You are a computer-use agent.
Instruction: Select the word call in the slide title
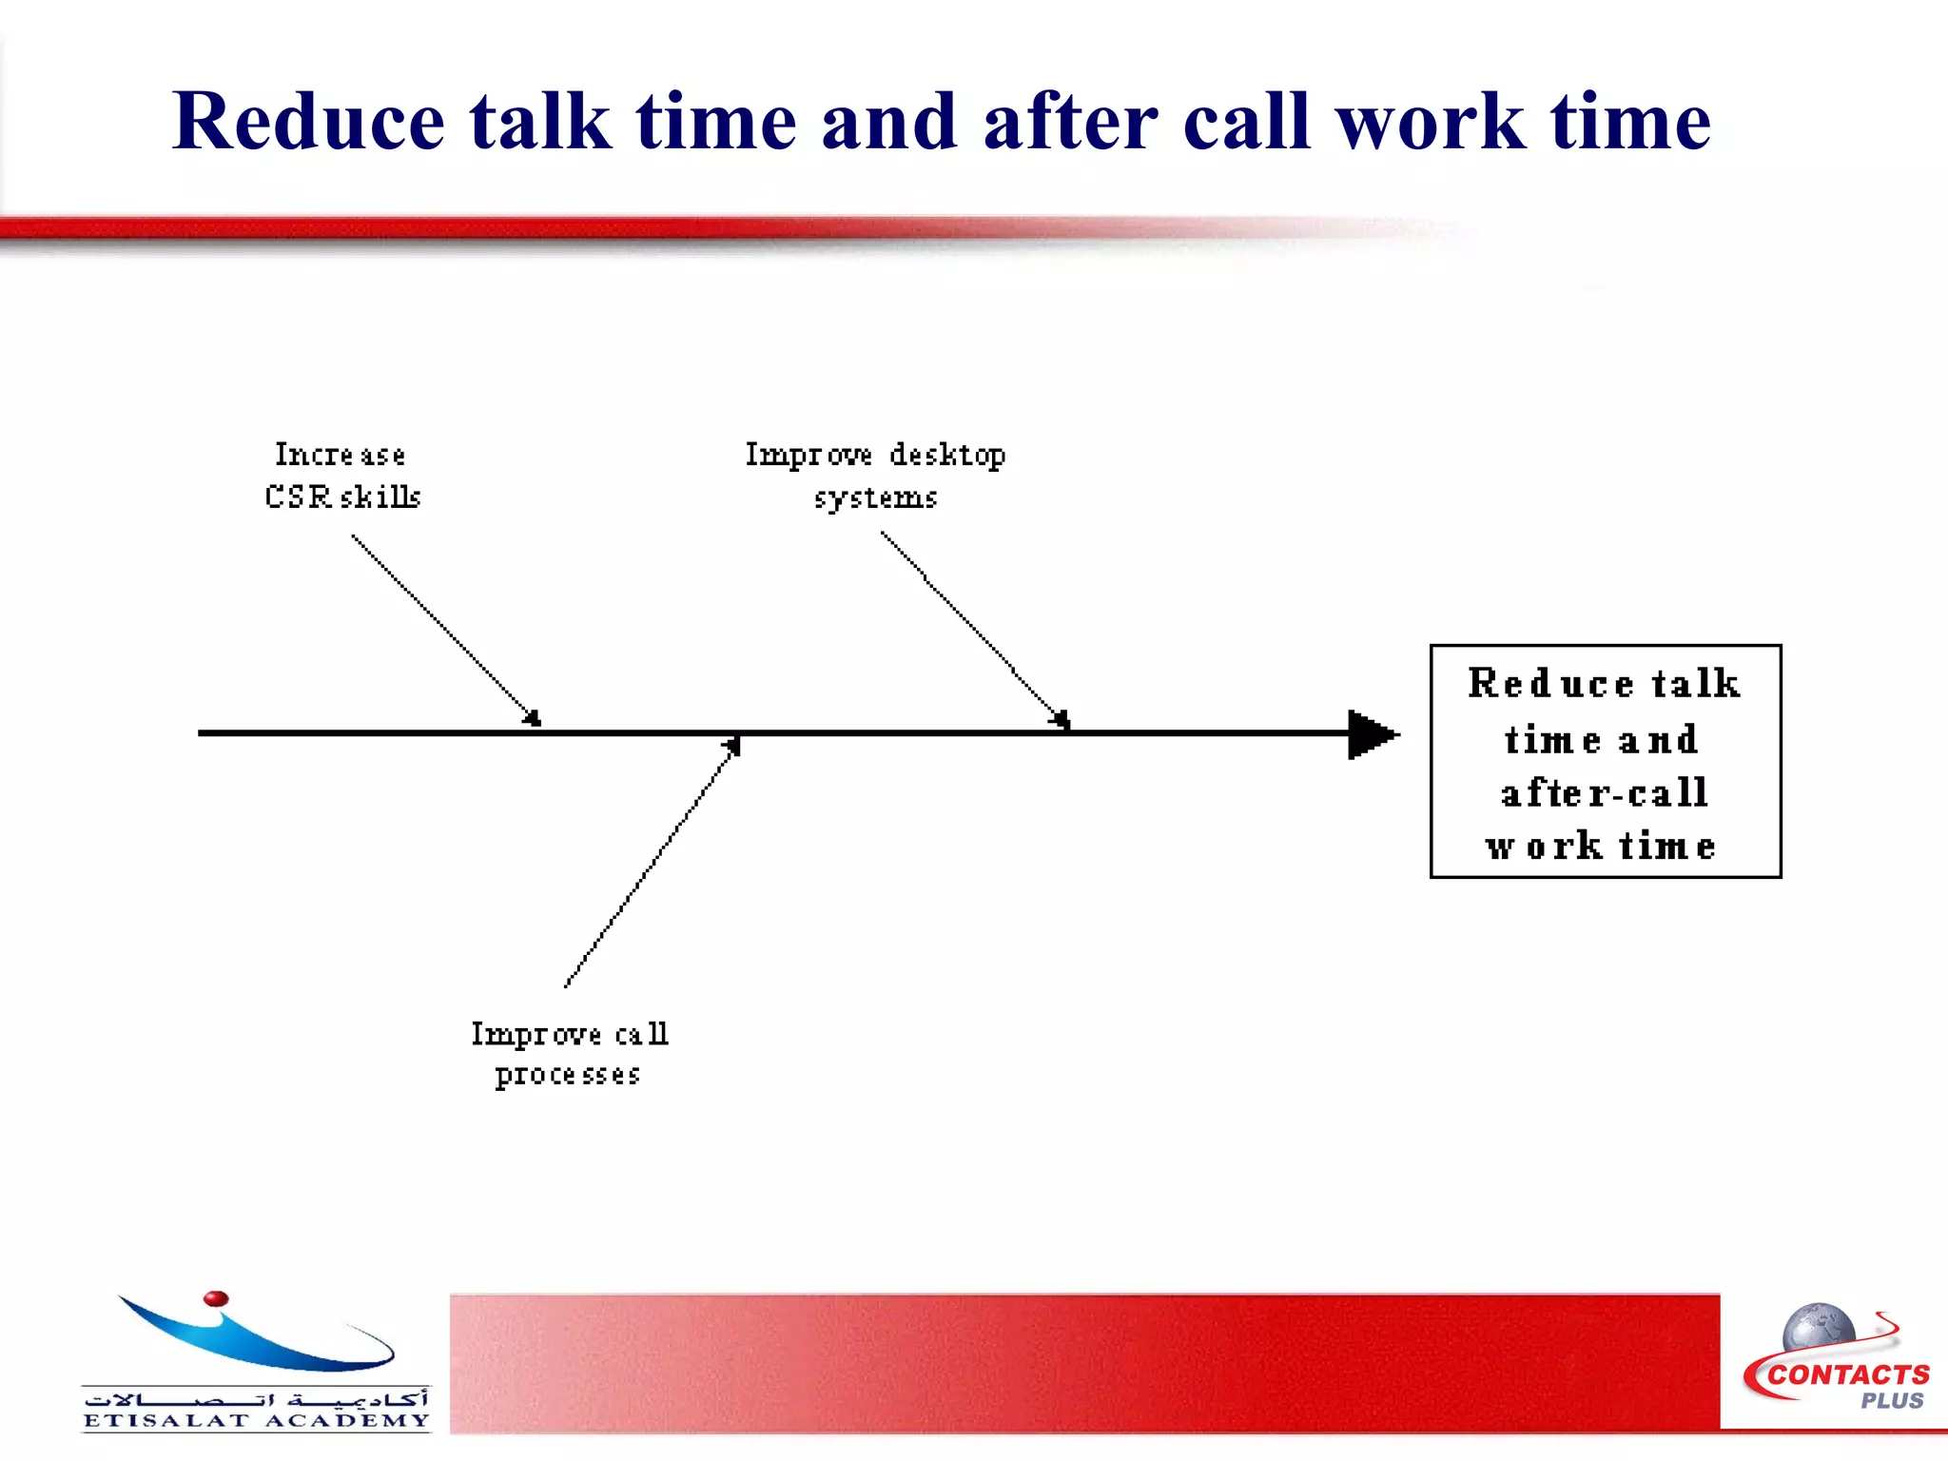pyautogui.click(x=1246, y=122)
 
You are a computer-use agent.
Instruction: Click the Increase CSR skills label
pyautogui.click(x=342, y=476)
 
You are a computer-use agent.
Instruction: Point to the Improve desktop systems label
pyautogui.click(x=875, y=476)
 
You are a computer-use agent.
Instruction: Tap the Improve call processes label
pyautogui.click(x=569, y=1054)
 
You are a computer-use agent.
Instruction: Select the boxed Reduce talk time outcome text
pyautogui.click(x=1605, y=761)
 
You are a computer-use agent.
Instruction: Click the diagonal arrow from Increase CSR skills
pyautogui.click(x=445, y=628)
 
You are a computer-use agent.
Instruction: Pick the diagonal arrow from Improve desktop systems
pyautogui.click(x=975, y=628)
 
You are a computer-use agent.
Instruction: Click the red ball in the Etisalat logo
pyautogui.click(x=216, y=1298)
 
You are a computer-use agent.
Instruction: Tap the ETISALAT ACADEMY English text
pyautogui.click(x=256, y=1421)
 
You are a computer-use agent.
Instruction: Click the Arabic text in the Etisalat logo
pyautogui.click(x=256, y=1398)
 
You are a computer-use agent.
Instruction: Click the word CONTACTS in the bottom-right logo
pyautogui.click(x=1849, y=1375)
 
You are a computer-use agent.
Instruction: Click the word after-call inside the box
pyautogui.click(x=1605, y=792)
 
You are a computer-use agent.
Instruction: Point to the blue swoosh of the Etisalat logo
pyautogui.click(x=257, y=1341)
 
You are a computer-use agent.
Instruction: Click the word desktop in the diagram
pyautogui.click(x=947, y=455)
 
